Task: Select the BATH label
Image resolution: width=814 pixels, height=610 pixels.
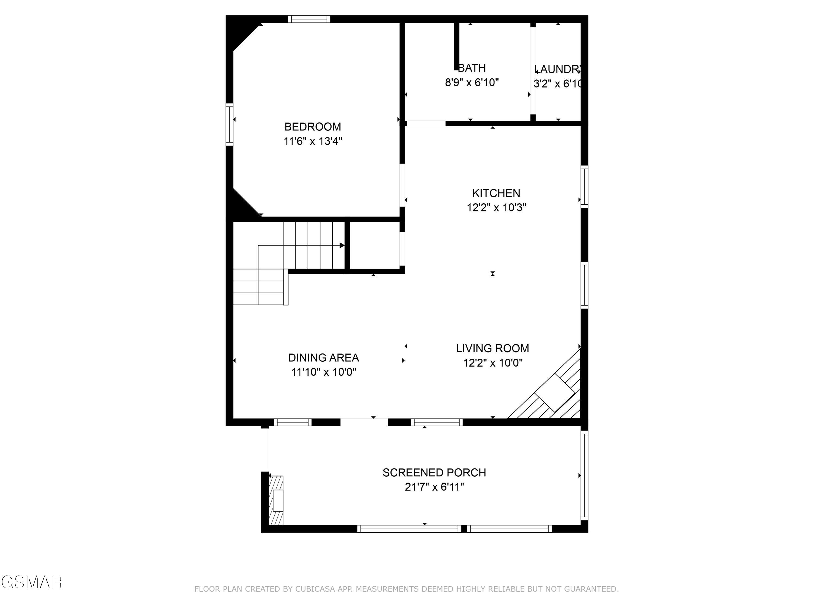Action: pos(472,68)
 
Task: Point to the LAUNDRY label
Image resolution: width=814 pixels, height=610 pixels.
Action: pos(558,69)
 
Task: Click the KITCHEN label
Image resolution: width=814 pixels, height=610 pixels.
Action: pos(496,193)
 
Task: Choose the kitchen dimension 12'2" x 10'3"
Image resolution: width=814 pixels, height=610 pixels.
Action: pos(496,208)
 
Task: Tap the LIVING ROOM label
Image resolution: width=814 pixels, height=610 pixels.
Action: pos(492,348)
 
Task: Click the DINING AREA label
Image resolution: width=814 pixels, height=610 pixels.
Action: pos(323,357)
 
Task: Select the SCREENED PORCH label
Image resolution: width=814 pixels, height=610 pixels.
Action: pos(434,473)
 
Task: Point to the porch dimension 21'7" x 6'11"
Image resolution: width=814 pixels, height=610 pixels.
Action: pos(434,487)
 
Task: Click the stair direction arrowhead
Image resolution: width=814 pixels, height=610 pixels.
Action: pos(342,245)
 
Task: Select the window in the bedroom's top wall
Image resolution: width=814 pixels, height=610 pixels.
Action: pos(309,19)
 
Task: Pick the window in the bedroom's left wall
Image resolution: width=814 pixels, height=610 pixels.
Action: pos(229,124)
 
